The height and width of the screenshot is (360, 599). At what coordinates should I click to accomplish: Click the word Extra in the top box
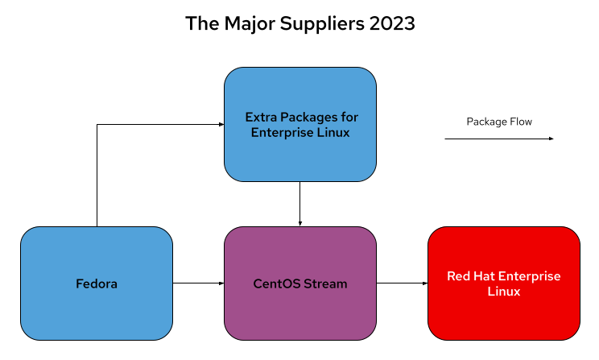(x=259, y=118)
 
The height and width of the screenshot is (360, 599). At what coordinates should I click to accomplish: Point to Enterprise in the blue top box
(x=282, y=133)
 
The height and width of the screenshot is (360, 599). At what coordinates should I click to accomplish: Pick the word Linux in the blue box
(x=333, y=133)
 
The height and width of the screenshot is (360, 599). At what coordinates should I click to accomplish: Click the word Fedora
(x=97, y=283)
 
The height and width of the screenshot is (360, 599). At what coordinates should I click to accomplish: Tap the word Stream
(x=325, y=283)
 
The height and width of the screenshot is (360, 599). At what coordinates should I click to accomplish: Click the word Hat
(x=486, y=276)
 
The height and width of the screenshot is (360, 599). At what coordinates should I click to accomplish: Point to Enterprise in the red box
(x=531, y=276)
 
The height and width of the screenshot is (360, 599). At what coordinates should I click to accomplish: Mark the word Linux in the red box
(x=504, y=292)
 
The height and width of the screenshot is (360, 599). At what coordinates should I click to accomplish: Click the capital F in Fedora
(x=79, y=283)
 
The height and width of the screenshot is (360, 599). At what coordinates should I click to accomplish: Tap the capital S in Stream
(x=308, y=283)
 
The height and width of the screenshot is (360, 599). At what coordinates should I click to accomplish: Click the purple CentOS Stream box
(x=300, y=314)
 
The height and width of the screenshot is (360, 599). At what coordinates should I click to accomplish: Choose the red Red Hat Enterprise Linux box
(x=504, y=318)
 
